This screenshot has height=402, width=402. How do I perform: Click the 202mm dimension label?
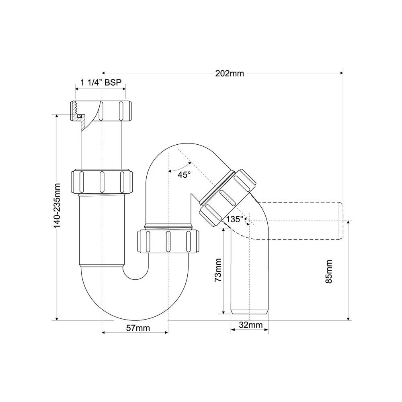point(230,74)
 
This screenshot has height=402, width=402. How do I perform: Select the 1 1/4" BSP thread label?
point(101,82)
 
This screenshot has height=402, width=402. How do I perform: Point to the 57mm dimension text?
point(138,328)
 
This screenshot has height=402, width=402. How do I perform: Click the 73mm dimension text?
point(218,270)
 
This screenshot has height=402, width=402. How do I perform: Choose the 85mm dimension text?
point(328,271)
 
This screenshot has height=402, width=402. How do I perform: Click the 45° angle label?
point(184,175)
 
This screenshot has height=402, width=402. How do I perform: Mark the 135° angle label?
point(234,219)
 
